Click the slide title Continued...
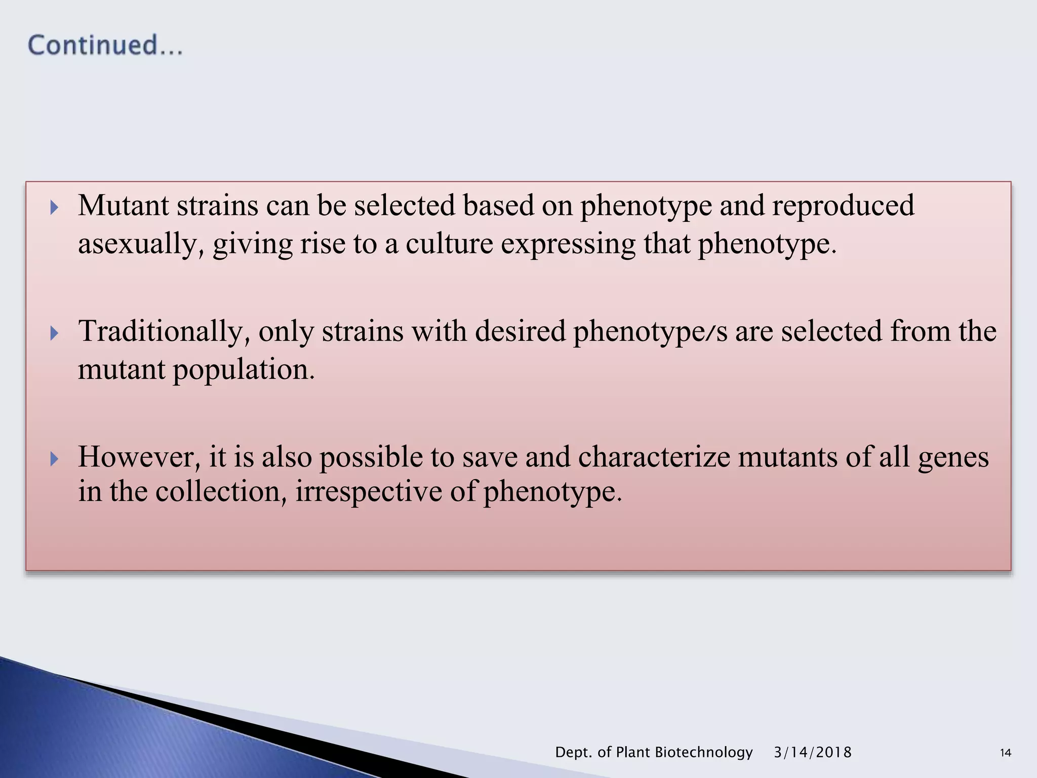[x=105, y=45]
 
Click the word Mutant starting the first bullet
[x=123, y=206]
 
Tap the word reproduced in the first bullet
[x=843, y=206]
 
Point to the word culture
[x=449, y=244]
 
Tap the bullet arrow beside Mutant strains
[x=54, y=207]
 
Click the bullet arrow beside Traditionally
[x=54, y=333]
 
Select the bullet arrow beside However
[x=54, y=459]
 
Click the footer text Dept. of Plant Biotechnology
[x=654, y=752]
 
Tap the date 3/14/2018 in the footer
[x=812, y=752]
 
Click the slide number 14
[x=1006, y=753]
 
